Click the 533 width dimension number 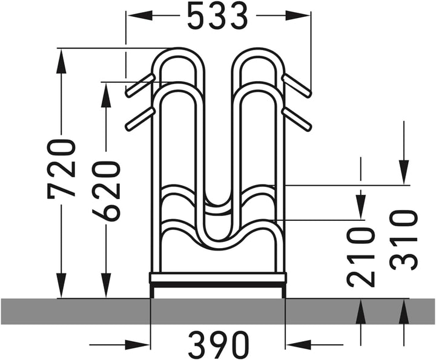pos(217,16)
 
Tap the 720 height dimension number pos(61,169)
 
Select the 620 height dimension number pos(106,191)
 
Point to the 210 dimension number pos(361,257)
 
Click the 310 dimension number pos(404,240)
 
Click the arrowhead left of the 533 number pos(140,16)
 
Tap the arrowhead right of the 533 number pos(296,16)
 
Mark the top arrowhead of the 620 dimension pos(106,95)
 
